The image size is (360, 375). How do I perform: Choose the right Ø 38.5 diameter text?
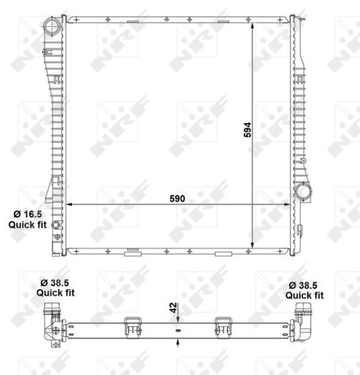304,284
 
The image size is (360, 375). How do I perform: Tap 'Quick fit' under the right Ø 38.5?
304,295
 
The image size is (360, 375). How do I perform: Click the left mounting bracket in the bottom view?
133,327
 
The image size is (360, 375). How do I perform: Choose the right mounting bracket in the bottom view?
223,327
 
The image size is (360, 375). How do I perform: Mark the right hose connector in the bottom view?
302,323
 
